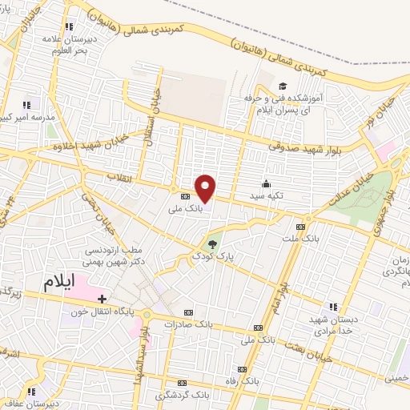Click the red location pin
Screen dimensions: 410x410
tap(206, 189)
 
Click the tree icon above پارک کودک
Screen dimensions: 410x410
tap(212, 244)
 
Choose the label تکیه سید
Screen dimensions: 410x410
tap(267, 195)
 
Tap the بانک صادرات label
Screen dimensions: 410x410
tap(187, 324)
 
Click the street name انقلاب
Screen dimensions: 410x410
tap(122, 178)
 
